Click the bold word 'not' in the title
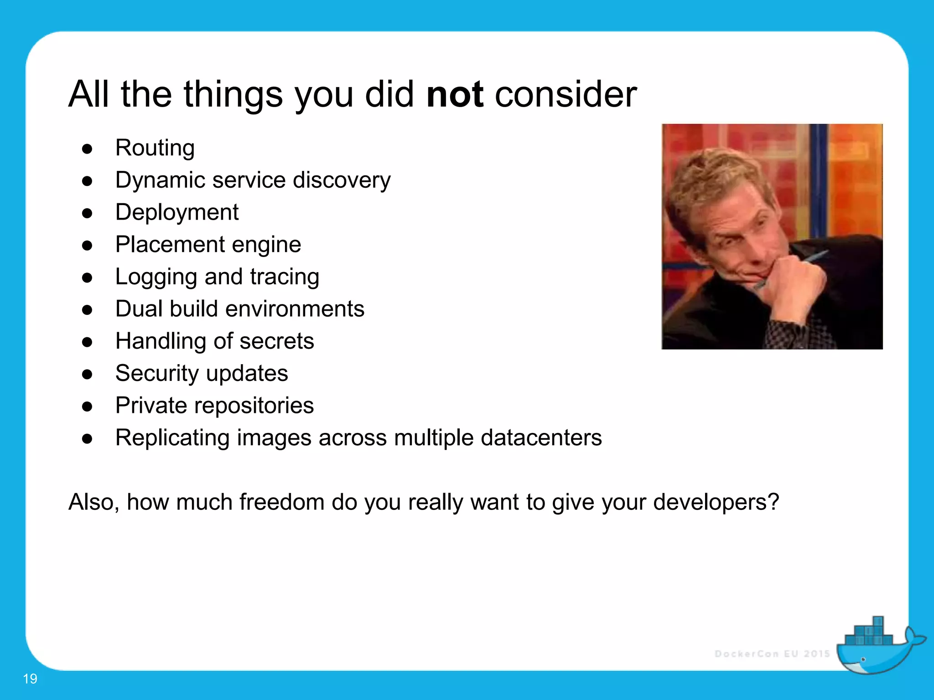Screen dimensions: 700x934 coord(454,95)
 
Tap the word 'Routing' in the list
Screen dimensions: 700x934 coord(155,148)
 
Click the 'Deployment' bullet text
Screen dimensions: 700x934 coord(176,212)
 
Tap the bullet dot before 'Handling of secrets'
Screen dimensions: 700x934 coord(87,342)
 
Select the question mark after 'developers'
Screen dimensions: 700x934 coord(773,502)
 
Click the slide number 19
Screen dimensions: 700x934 coord(30,679)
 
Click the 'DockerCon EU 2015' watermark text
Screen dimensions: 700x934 coord(772,654)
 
